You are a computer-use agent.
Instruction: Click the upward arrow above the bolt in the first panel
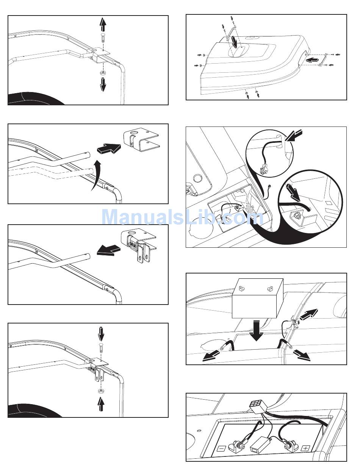(103, 25)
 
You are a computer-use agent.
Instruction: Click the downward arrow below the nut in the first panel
(103, 84)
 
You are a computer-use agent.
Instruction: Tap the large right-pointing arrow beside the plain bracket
(109, 148)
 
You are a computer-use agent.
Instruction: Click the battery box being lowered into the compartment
(258, 298)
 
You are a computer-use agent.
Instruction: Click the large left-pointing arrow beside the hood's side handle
(312, 61)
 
